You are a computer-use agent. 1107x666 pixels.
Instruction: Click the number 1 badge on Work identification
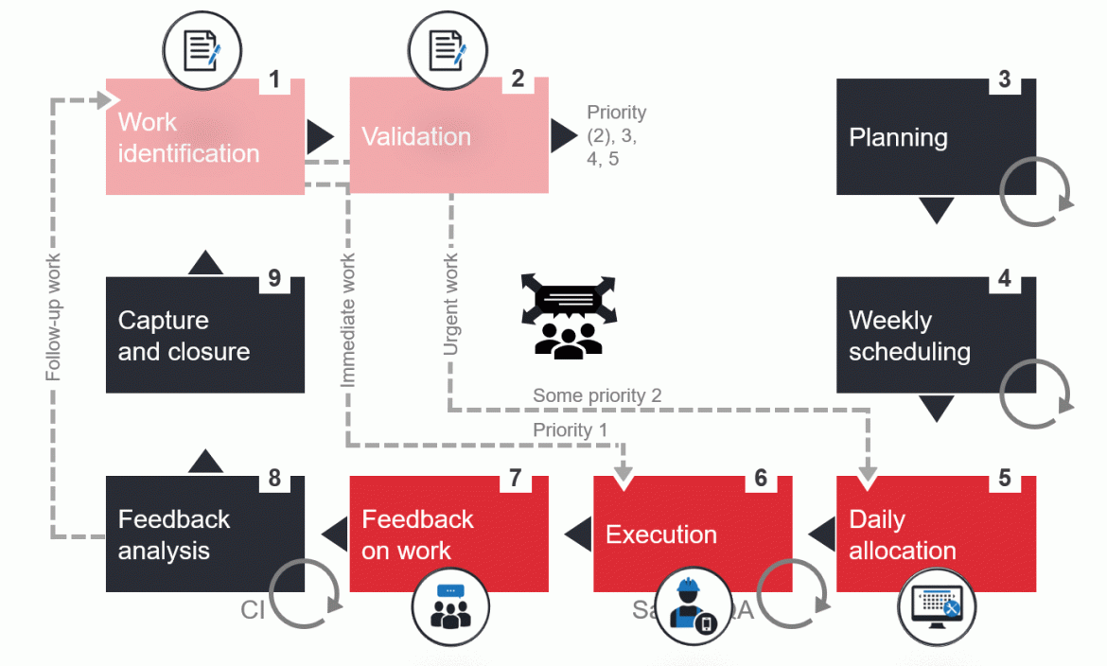click(x=274, y=79)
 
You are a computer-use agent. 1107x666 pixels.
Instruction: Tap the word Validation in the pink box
click(x=416, y=136)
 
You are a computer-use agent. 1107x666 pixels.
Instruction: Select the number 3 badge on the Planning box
click(x=1005, y=79)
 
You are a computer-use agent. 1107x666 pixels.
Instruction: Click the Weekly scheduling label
click(x=909, y=336)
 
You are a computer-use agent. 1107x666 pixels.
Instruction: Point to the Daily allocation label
click(x=903, y=535)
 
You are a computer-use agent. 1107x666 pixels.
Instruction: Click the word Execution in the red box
click(x=661, y=535)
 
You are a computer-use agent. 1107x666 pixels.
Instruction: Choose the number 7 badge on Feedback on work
click(x=515, y=478)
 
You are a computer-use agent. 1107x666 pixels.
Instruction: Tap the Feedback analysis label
click(x=174, y=535)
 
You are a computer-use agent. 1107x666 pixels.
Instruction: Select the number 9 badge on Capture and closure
click(x=274, y=278)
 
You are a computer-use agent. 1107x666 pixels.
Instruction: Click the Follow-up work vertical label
click(x=54, y=317)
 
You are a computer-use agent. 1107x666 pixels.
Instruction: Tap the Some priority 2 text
click(x=597, y=395)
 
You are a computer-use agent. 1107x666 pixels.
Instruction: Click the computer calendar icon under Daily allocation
click(x=937, y=606)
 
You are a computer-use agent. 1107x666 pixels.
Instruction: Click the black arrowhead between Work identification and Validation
click(x=320, y=137)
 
